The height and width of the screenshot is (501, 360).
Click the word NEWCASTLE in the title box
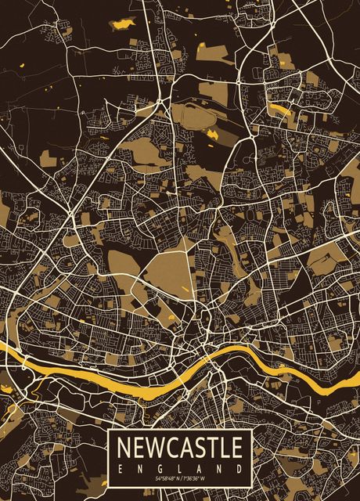(180, 449)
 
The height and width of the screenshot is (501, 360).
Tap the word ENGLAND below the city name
(180, 468)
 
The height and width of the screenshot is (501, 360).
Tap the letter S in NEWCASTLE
(198, 449)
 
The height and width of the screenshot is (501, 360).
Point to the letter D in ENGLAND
(239, 468)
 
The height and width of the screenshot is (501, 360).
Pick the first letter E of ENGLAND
(121, 468)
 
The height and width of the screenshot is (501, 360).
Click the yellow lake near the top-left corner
(123, 23)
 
